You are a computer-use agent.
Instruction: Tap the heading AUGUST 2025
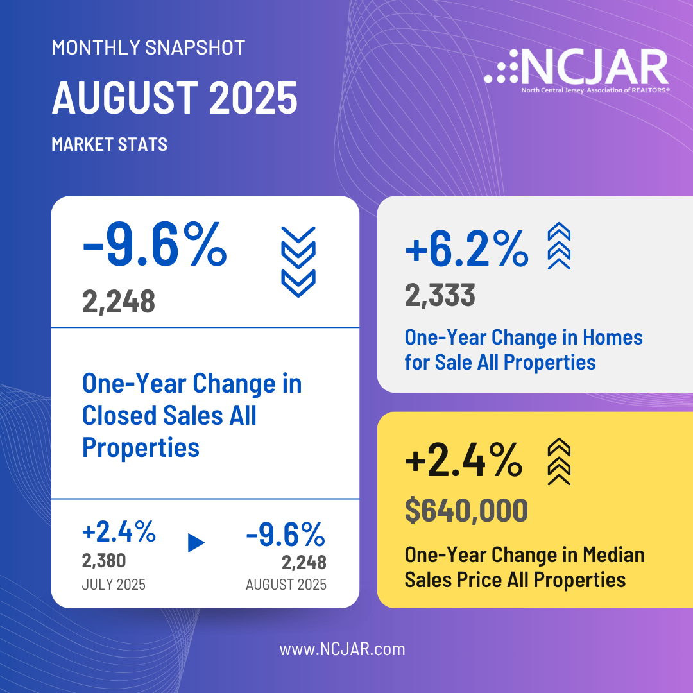(x=175, y=98)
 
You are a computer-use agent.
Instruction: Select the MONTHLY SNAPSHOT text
(x=148, y=47)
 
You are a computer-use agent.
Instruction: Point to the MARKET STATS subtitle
(x=109, y=144)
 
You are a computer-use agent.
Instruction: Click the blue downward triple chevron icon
(x=298, y=261)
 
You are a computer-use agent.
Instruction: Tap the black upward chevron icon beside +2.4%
(x=558, y=461)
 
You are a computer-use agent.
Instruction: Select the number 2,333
(x=440, y=295)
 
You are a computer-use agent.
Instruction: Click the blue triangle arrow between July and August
(x=196, y=543)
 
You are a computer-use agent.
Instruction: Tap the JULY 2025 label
(x=114, y=585)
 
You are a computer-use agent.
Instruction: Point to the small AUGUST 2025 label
(x=286, y=585)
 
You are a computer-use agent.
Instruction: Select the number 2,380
(x=104, y=561)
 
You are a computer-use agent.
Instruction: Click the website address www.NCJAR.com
(x=342, y=649)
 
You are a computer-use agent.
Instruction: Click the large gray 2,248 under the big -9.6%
(x=119, y=300)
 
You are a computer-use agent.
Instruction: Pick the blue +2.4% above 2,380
(x=119, y=533)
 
